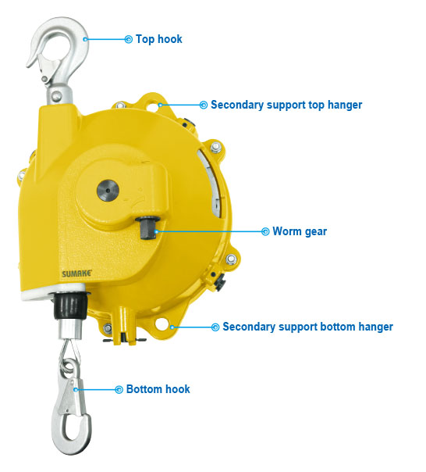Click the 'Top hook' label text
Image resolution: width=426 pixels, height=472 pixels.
click(x=158, y=39)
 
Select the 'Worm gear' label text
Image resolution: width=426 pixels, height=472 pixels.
click(x=300, y=231)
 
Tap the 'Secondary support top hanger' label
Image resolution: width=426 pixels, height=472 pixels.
click(x=286, y=105)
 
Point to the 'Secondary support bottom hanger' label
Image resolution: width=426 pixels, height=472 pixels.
click(x=307, y=327)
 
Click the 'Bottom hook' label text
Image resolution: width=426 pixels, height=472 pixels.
click(x=158, y=389)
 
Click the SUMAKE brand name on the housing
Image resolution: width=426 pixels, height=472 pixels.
click(x=77, y=274)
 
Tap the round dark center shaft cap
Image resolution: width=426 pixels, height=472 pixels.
click(x=108, y=191)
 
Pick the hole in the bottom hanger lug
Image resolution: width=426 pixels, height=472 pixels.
click(x=162, y=324)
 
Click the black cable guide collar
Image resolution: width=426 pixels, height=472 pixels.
click(x=70, y=306)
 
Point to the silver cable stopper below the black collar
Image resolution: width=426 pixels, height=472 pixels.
click(x=69, y=330)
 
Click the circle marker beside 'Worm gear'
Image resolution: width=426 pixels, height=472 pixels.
click(x=265, y=231)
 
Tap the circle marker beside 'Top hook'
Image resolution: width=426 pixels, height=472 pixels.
click(x=129, y=39)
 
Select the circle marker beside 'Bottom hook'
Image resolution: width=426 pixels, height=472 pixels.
click(x=119, y=389)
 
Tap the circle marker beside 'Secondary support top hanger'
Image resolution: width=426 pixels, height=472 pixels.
click(x=204, y=105)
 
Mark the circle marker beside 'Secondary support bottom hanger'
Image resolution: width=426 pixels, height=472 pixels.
click(x=215, y=327)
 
